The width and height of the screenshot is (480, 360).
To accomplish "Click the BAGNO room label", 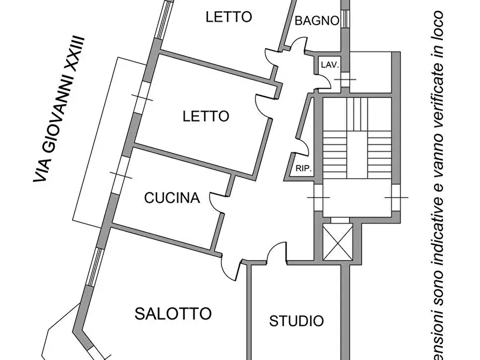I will (x=317, y=21).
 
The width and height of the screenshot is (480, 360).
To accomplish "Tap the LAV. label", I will (x=329, y=65).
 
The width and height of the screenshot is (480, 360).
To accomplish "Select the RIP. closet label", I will (x=303, y=168).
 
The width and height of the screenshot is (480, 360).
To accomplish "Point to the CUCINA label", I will (x=172, y=198).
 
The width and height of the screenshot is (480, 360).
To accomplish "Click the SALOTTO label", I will (x=173, y=313).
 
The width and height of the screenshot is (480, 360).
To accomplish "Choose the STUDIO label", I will (x=296, y=321).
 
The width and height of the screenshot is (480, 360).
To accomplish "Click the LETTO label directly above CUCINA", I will (x=206, y=116).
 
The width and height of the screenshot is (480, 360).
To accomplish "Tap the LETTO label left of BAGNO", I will (x=228, y=17).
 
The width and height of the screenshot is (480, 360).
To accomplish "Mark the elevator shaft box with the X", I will (x=338, y=242).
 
